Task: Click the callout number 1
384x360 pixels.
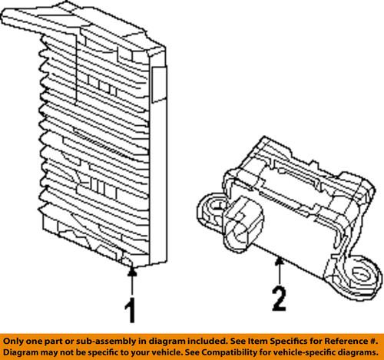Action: (x=131, y=311)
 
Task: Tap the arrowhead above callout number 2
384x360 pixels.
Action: (x=279, y=264)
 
